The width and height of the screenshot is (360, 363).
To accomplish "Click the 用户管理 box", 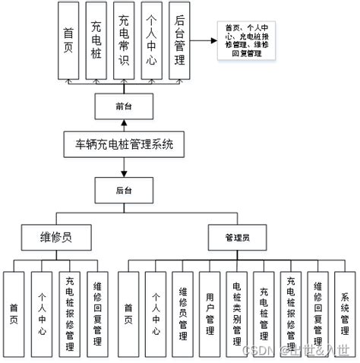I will (x=210, y=310).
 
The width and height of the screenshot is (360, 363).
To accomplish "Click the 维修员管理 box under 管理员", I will (x=182, y=310).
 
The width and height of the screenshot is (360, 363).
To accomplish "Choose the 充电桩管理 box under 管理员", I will (x=264, y=310).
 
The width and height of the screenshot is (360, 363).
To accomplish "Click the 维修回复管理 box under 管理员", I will (x=317, y=310).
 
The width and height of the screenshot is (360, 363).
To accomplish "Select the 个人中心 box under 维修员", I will (x=42, y=310).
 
